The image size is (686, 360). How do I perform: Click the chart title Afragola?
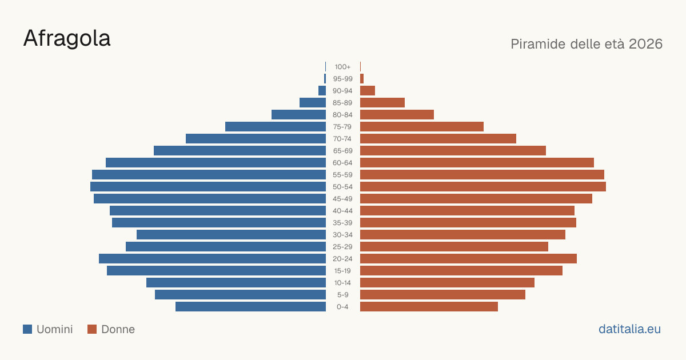tap(67, 39)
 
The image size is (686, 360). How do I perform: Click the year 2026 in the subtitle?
tap(645, 44)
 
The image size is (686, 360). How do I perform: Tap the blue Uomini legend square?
tap(27, 329)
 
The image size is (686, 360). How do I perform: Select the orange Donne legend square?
tap(92, 329)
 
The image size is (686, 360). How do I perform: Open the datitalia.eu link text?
tap(629, 329)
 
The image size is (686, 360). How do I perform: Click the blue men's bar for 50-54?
tap(208, 187)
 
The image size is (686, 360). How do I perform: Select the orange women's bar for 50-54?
tap(483, 187)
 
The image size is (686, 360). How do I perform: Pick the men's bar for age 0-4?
tap(250, 307)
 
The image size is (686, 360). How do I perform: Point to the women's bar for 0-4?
tap(429, 307)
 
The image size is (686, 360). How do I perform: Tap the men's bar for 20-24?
tap(212, 259)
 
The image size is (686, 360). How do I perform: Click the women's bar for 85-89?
tap(382, 102)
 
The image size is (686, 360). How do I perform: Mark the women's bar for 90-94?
tap(368, 91)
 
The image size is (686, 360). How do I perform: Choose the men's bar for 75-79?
tap(276, 127)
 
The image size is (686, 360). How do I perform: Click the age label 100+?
tap(342, 67)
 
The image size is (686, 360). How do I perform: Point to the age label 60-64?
tap(342, 163)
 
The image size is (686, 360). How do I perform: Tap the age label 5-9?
tap(342, 295)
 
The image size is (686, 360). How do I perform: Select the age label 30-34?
tap(342, 235)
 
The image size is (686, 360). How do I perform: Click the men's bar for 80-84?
tap(298, 115)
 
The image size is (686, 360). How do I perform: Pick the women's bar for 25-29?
tap(454, 247)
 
